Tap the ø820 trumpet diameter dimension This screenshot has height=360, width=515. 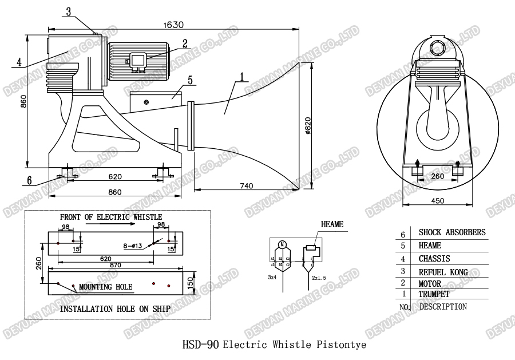(x=308, y=124)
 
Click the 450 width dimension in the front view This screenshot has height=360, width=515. (x=438, y=200)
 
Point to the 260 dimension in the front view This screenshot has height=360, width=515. (x=437, y=176)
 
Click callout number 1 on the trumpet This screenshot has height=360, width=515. (x=242, y=76)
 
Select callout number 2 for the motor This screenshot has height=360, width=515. (x=185, y=42)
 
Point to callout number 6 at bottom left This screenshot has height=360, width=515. (x=29, y=180)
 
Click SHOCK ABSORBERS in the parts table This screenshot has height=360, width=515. (x=452, y=232)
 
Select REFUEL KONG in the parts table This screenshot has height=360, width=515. (x=443, y=272)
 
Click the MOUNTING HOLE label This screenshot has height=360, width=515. (x=105, y=287)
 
